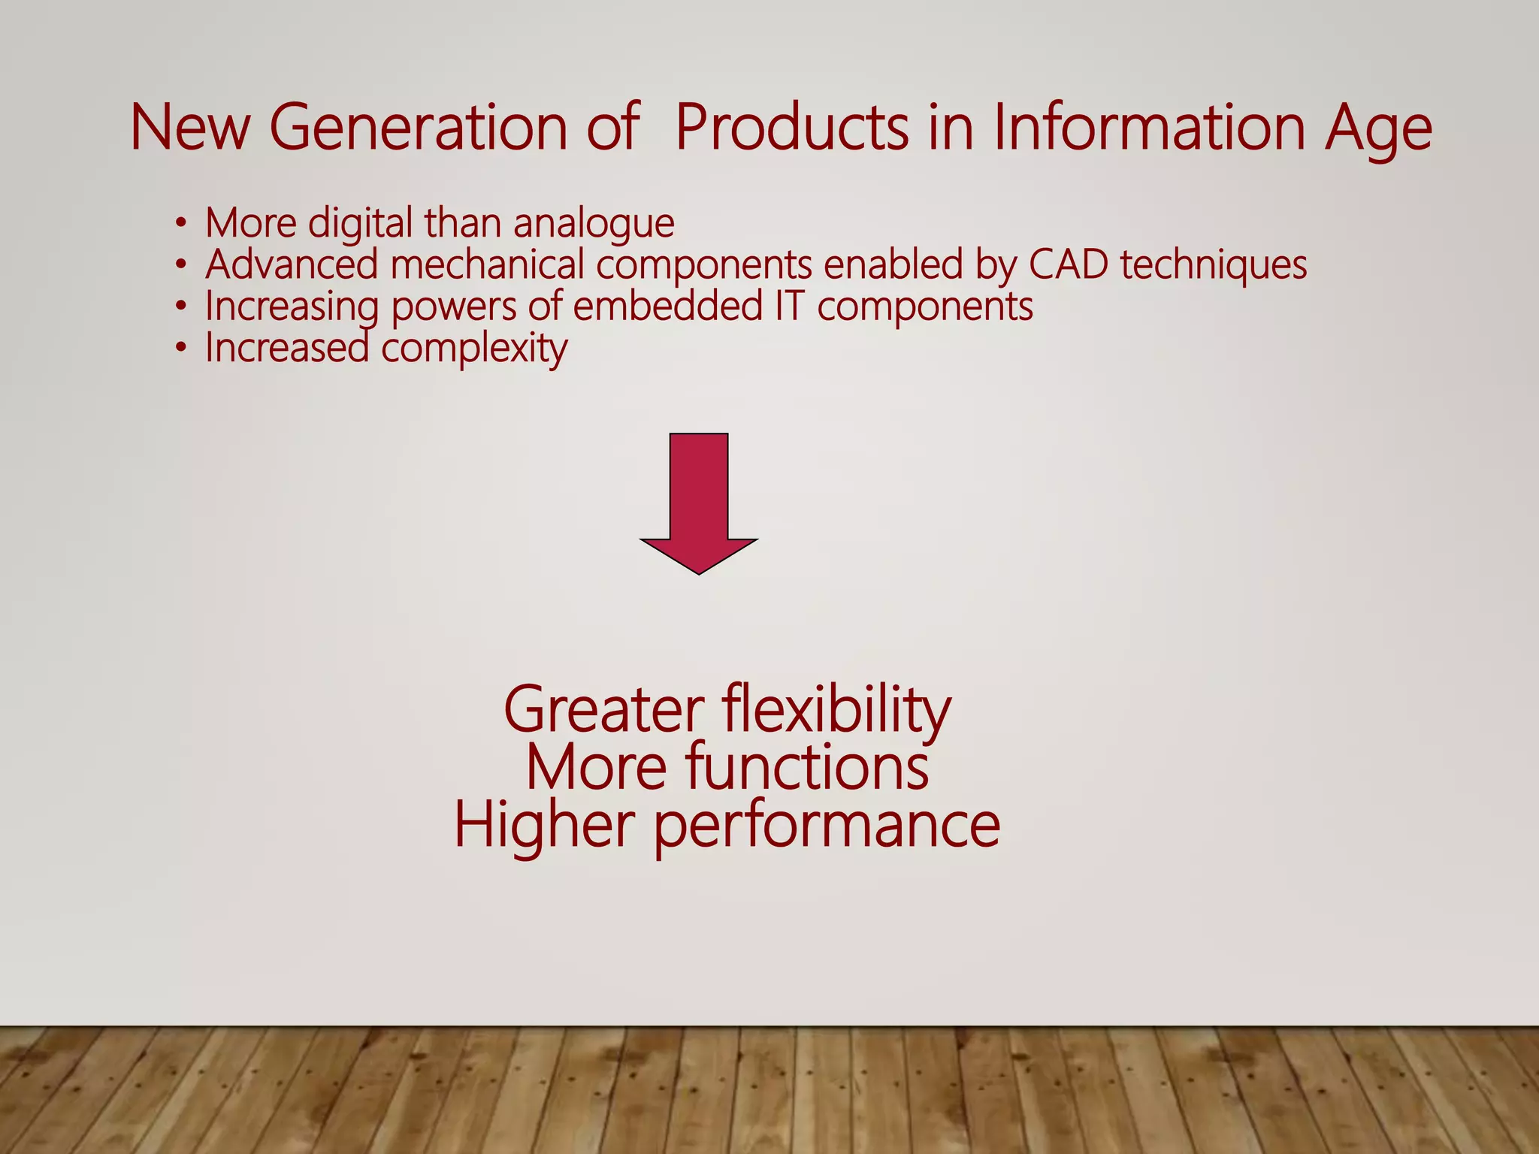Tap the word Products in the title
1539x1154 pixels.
pos(791,128)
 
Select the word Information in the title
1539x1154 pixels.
pos(1149,128)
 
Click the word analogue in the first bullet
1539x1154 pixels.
pos(594,224)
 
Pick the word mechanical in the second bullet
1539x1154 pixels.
pos(487,264)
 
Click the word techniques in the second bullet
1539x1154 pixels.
pos(1213,264)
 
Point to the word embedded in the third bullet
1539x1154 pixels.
pos(667,307)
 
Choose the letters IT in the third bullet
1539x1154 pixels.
pos(788,307)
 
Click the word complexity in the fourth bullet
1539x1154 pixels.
pos(474,349)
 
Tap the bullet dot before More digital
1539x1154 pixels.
pos(180,223)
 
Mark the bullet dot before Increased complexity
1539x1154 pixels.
pos(180,349)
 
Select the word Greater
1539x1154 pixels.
pos(603,711)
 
